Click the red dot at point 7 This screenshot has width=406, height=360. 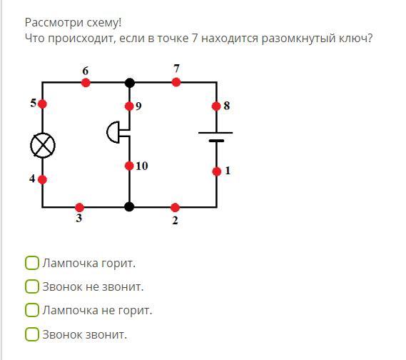[x=176, y=82]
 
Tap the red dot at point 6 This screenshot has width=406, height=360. [x=86, y=83]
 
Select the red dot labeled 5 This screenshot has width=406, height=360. [x=42, y=104]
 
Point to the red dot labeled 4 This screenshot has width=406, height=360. [x=42, y=179]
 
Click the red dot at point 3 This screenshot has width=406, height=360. [x=79, y=207]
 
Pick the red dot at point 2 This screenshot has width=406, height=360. [x=175, y=207]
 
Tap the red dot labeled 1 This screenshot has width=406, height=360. [x=217, y=171]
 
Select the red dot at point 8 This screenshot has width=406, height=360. [x=216, y=106]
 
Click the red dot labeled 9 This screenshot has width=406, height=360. [x=129, y=106]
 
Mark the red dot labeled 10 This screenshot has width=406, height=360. [x=129, y=166]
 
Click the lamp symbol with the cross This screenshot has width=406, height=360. [x=43, y=146]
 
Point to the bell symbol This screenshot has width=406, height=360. [x=113, y=132]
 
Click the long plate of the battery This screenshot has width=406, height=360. [x=215, y=133]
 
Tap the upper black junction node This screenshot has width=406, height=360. [x=130, y=83]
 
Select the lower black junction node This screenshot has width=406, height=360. [x=129, y=207]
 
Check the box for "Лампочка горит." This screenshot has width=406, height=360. [x=32, y=263]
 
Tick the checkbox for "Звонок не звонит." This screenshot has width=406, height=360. [x=32, y=286]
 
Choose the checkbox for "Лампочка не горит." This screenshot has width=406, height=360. [x=32, y=310]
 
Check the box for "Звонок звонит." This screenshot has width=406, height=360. [x=32, y=334]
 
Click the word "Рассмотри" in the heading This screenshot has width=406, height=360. [x=54, y=23]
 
